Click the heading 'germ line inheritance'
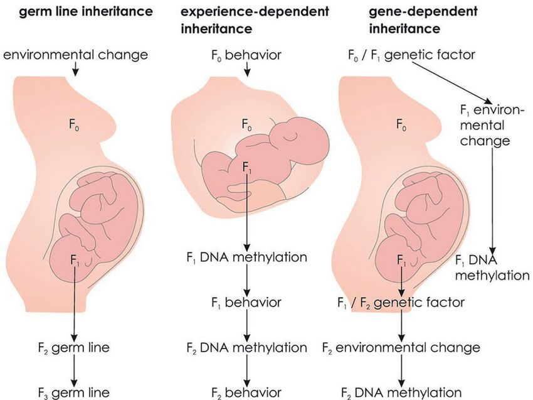(86, 12)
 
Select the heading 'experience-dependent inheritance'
(255, 20)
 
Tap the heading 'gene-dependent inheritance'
(423, 20)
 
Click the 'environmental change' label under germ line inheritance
(75, 55)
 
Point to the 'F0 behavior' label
(246, 55)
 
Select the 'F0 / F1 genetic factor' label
(411, 55)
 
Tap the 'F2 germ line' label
(74, 348)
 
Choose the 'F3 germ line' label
(74, 392)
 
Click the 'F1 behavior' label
(246, 302)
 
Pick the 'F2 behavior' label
(246, 392)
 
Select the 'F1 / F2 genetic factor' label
(401, 302)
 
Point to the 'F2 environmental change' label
(401, 348)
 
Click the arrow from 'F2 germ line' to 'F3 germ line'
(74, 370)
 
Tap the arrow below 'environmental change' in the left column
(75, 68)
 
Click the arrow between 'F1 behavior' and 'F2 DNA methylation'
(247, 325)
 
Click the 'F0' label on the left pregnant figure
(75, 124)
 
